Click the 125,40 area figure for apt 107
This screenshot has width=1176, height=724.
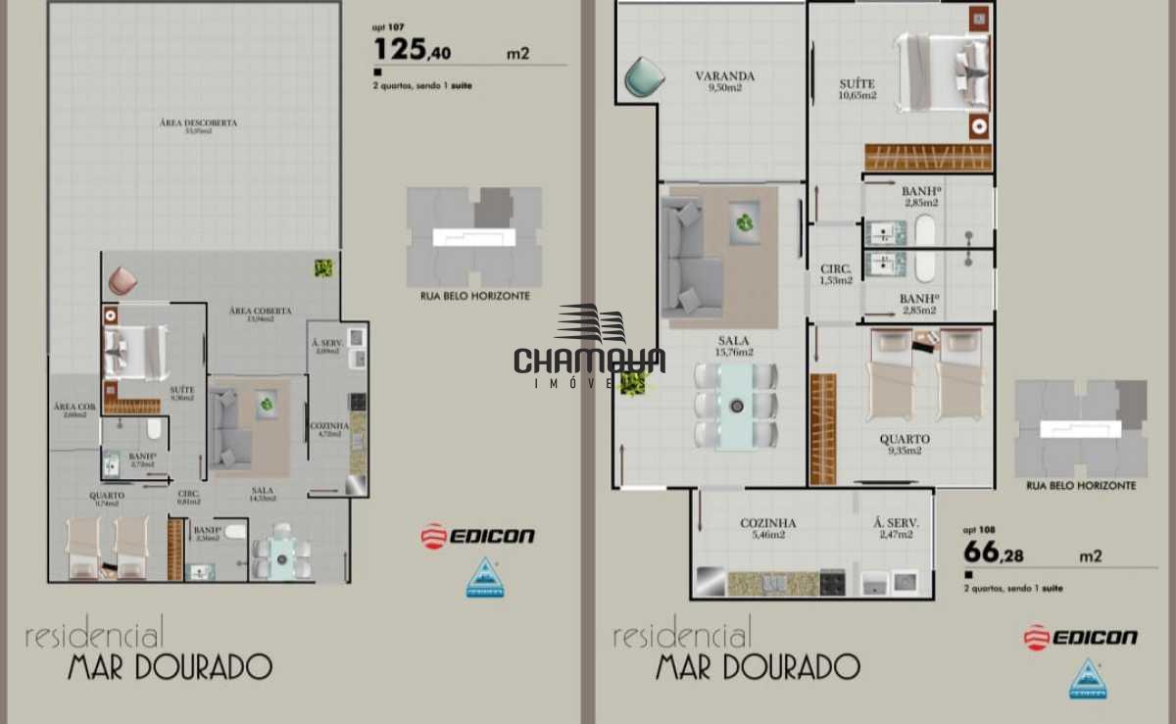413,50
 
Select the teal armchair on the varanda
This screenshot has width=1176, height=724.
643,76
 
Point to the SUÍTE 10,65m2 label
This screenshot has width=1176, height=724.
857,89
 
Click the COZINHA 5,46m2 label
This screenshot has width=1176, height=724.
767,528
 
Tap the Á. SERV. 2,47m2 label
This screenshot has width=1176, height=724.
896,528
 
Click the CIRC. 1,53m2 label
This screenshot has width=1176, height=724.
836,274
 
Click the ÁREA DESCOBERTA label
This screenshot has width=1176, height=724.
198,126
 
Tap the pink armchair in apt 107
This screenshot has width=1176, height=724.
122,281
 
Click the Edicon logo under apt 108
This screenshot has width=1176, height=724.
1080,638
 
